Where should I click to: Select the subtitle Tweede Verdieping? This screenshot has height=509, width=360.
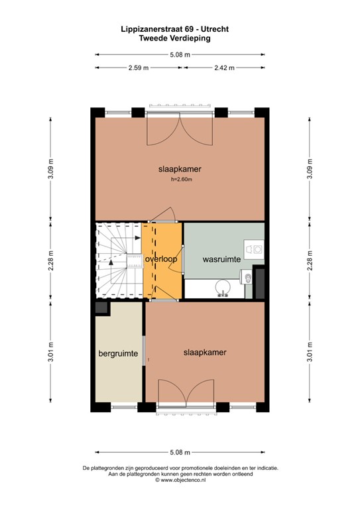click(x=180, y=39)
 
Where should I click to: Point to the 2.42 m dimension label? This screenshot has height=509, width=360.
click(x=225, y=68)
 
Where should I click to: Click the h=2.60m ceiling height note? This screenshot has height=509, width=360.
click(x=180, y=179)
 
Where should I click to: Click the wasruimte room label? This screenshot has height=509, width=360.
click(x=221, y=260)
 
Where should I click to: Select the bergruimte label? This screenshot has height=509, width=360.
click(x=119, y=354)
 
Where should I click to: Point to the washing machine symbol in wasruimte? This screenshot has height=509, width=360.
click(x=254, y=249)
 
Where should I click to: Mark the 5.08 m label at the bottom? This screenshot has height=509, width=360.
click(x=180, y=453)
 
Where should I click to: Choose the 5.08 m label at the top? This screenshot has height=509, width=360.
click(x=180, y=55)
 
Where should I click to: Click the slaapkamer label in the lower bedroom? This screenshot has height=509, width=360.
click(x=205, y=353)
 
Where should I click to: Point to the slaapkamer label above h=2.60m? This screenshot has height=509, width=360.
click(x=180, y=169)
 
